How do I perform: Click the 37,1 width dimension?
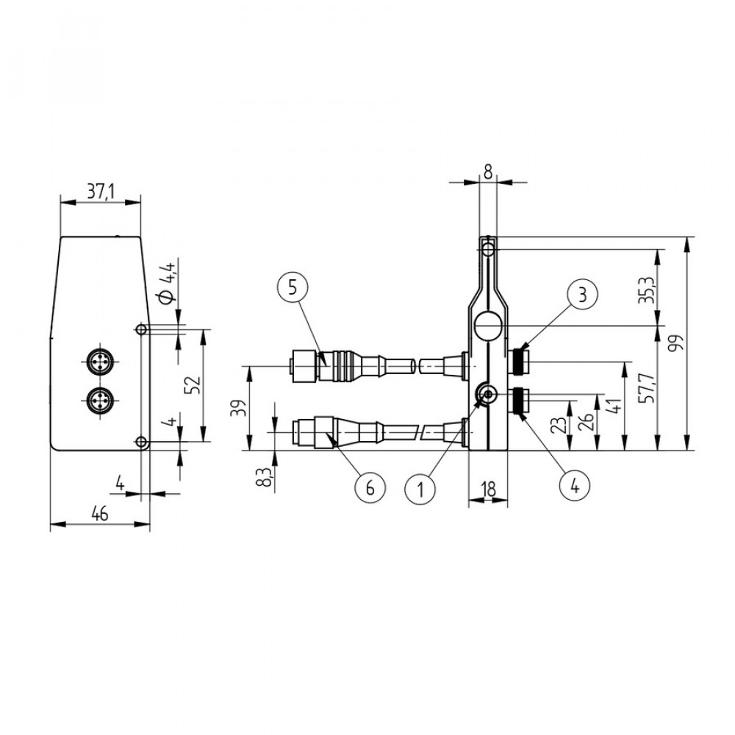point(100,192)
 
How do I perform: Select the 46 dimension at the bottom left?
point(100,514)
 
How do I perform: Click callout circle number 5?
point(293,287)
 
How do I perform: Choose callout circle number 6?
point(370,489)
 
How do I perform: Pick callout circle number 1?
point(420,489)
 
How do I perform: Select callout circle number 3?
point(582,295)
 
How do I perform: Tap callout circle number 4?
point(575,487)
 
